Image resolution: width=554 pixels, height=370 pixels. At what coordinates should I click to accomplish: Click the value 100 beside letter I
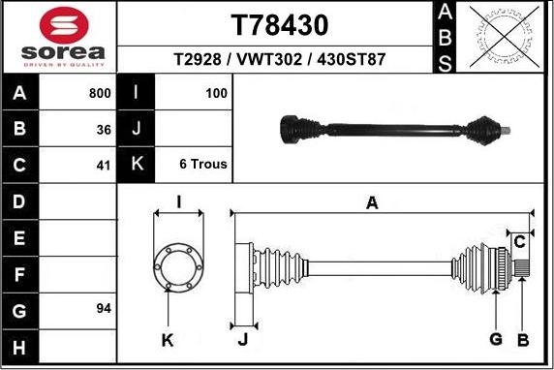216,94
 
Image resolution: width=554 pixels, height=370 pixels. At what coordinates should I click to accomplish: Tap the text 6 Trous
203,165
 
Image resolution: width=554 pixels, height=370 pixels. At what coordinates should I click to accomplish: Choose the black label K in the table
137,165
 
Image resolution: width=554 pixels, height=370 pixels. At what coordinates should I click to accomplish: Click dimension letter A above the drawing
371,202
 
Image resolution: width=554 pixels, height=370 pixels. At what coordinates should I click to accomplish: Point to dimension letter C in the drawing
519,240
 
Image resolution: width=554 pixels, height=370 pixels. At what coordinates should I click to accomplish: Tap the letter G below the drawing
495,339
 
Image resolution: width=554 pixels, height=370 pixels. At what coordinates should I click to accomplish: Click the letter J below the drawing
243,339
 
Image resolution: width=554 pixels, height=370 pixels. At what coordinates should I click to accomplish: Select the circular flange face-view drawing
178,265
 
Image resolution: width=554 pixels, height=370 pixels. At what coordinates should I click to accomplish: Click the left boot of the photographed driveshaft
297,128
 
